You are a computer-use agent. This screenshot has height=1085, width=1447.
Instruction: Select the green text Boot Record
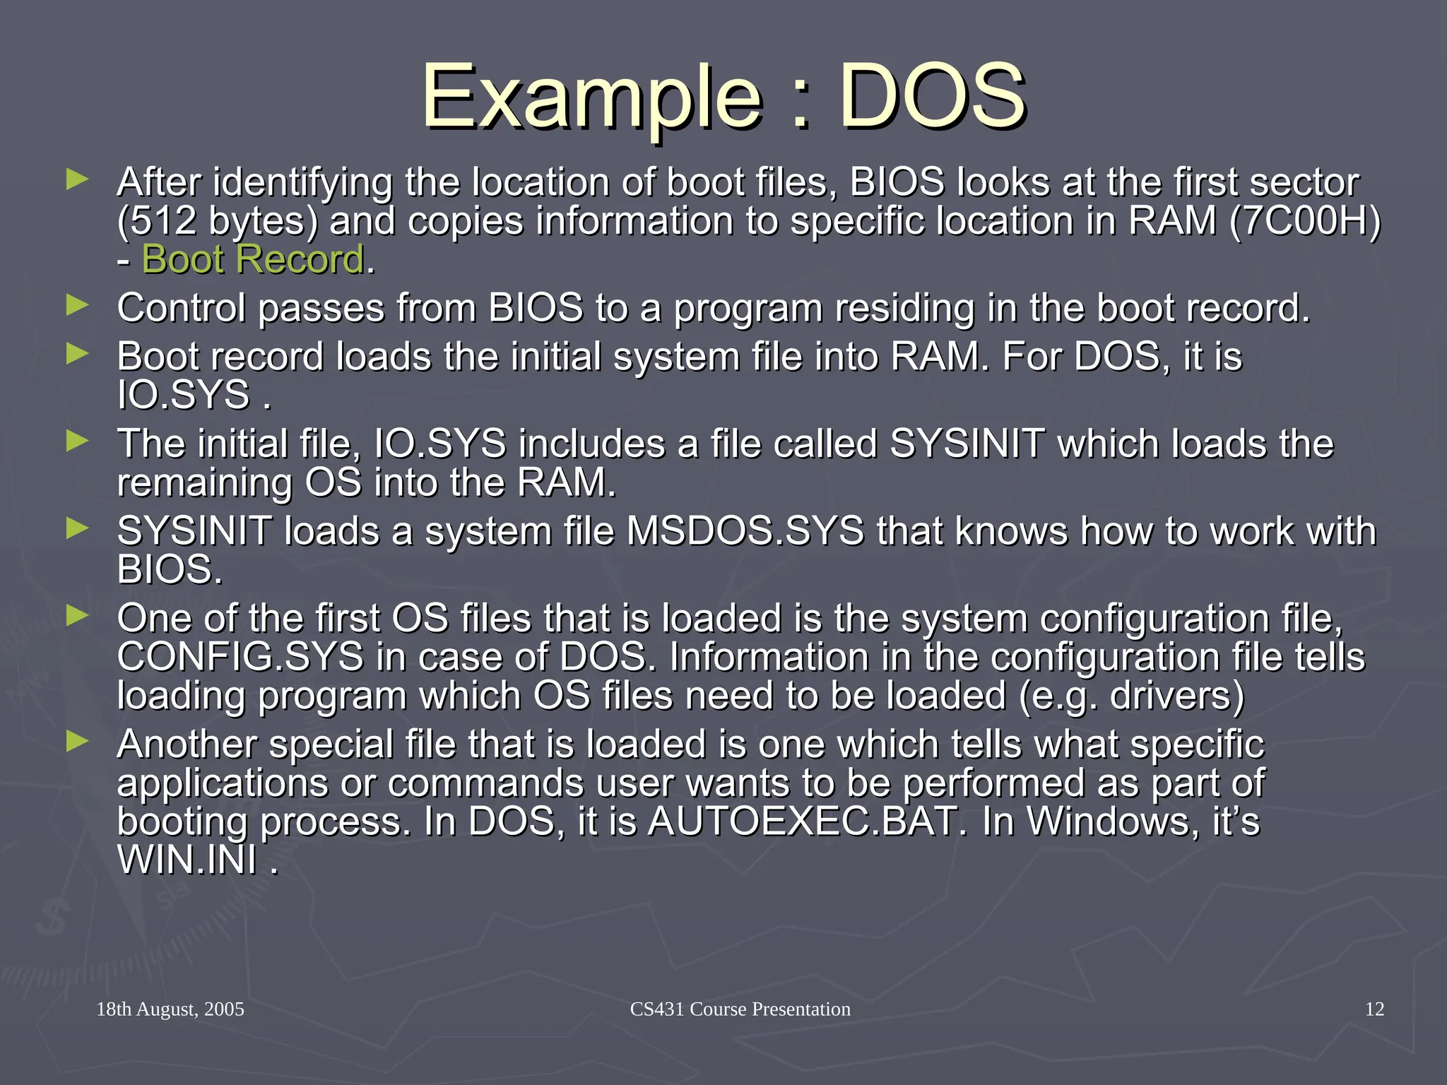pos(253,259)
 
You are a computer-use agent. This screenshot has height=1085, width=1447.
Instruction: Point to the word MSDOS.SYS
pos(745,530)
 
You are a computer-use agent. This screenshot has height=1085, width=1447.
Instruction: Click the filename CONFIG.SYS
pos(240,657)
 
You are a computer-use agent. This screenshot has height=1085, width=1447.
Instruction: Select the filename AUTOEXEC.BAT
pos(802,822)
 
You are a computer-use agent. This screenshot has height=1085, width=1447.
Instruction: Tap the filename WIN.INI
pos(187,860)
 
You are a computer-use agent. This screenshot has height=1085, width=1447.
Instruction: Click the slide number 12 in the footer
pos(1374,1009)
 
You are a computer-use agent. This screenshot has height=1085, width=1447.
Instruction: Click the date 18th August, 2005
pos(170,1009)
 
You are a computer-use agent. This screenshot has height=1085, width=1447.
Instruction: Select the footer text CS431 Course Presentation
pos(740,1009)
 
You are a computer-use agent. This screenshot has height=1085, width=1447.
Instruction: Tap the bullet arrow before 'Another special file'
pos(77,741)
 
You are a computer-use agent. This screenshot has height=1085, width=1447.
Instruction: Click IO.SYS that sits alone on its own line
pos(184,395)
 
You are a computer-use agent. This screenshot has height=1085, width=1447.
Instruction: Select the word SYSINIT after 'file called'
pos(967,444)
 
